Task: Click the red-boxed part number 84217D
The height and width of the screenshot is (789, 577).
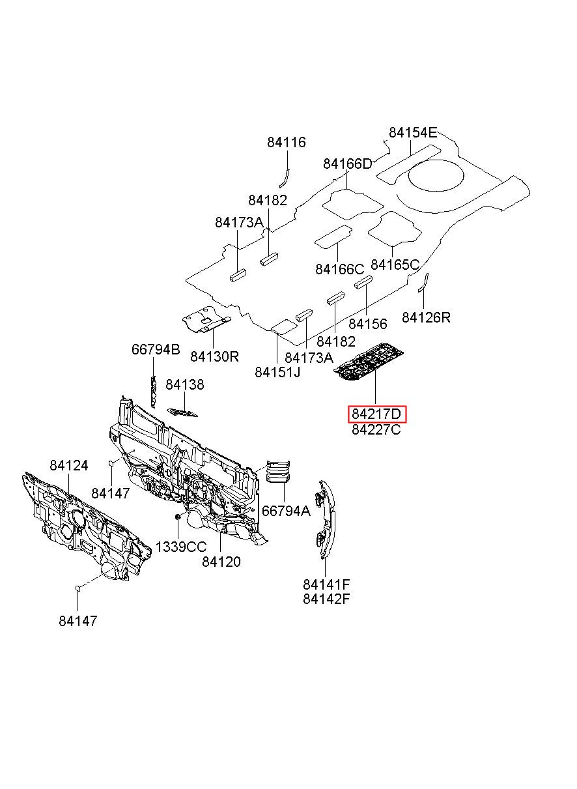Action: click(x=376, y=414)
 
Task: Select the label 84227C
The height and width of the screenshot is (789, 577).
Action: click(x=376, y=430)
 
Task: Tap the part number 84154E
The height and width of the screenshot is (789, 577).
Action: click(x=413, y=133)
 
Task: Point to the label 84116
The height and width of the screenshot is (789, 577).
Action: click(x=287, y=142)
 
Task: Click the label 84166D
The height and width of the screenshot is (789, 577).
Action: click(x=348, y=164)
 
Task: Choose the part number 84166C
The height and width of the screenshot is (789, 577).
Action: click(x=339, y=270)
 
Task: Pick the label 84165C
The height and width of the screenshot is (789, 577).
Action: click(x=395, y=265)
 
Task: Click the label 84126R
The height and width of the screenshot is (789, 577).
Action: click(x=427, y=318)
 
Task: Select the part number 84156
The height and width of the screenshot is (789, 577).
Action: click(x=368, y=324)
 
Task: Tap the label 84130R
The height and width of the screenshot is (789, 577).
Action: click(x=215, y=357)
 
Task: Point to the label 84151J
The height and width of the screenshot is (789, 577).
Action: click(x=278, y=372)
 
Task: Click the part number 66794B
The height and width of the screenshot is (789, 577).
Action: click(x=156, y=349)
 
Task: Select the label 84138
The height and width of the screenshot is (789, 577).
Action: click(x=185, y=384)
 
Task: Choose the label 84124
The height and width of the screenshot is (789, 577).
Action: click(x=68, y=466)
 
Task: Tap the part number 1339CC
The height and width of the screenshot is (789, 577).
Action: click(x=181, y=547)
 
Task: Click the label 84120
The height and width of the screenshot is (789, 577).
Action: click(x=221, y=562)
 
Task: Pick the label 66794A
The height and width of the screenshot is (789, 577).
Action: click(x=286, y=510)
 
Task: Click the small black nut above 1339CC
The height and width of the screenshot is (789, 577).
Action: click(x=178, y=517)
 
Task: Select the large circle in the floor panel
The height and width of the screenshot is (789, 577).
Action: click(x=436, y=175)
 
